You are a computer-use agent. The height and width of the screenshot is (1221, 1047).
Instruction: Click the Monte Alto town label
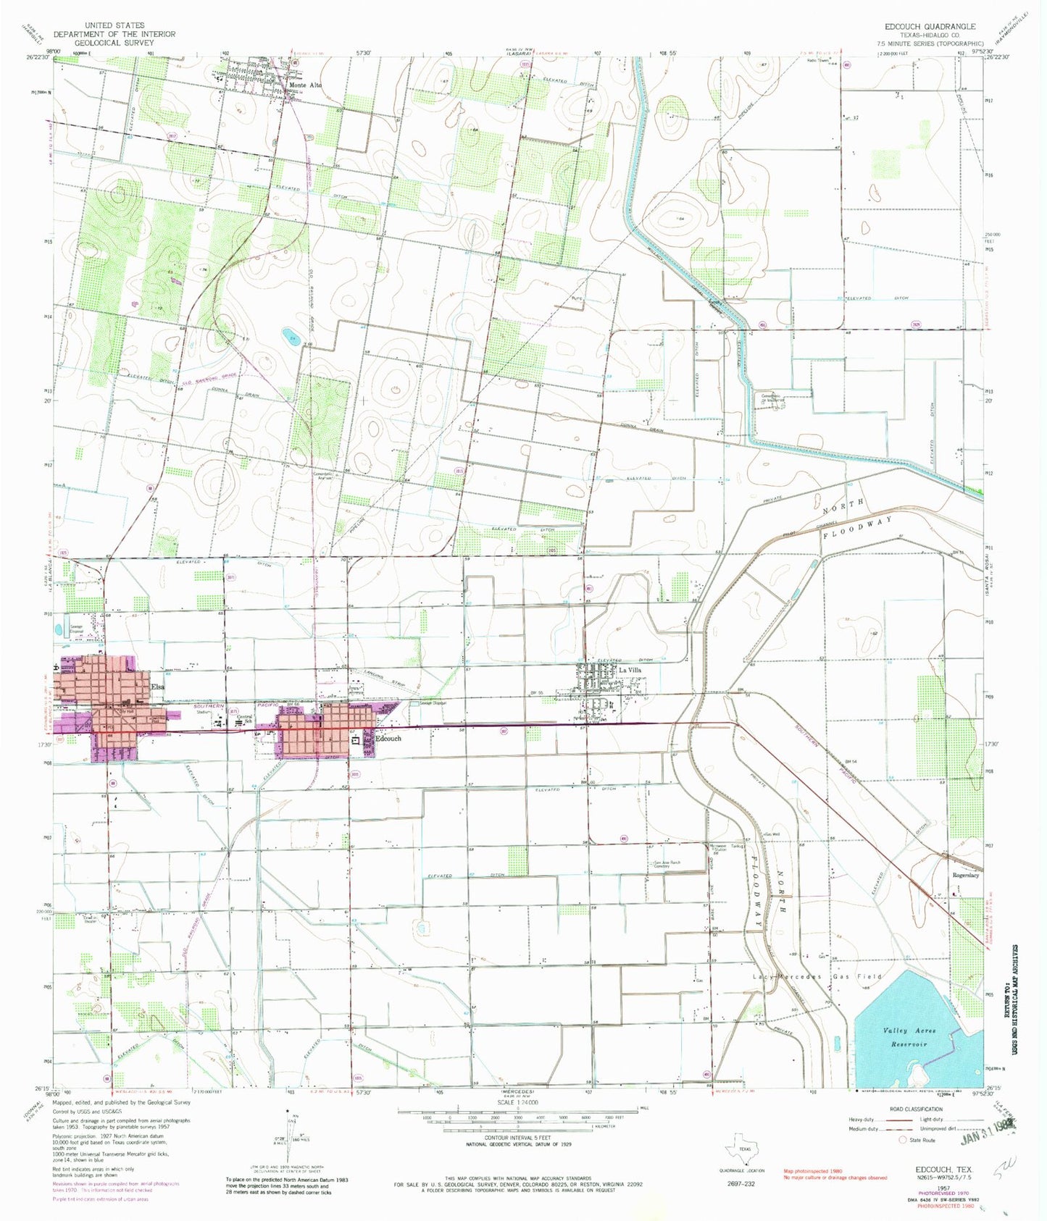pyautogui.click(x=305, y=85)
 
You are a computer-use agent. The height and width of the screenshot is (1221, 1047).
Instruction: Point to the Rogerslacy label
pyautogui.click(x=966, y=875)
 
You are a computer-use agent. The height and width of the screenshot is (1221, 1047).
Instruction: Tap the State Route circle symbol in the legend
pyautogui.click(x=902, y=1140)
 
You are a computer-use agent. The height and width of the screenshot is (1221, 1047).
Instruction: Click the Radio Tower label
pyautogui.click(x=819, y=60)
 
